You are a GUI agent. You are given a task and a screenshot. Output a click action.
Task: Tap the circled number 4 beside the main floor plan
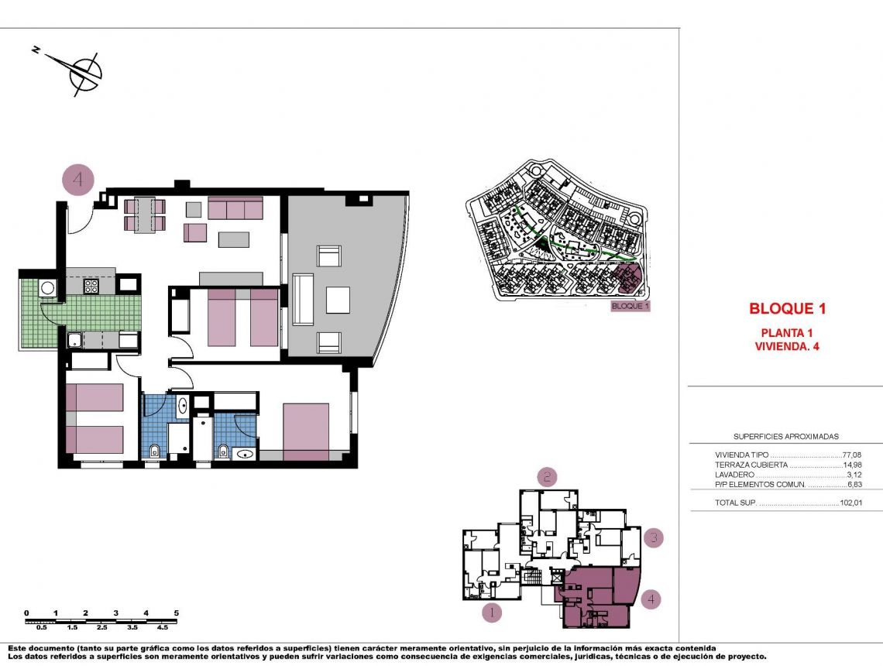77,180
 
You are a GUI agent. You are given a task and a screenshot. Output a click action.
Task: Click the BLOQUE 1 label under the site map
630,306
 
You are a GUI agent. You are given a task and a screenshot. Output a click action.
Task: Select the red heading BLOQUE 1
787,308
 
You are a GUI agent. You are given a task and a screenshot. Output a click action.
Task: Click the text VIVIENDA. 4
786,346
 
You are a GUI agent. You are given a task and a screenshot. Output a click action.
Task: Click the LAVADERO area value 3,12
853,475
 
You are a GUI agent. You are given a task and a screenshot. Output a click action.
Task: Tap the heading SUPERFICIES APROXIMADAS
785,437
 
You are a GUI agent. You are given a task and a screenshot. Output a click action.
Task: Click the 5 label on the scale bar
176,613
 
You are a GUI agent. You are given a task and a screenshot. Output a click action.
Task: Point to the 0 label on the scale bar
26,613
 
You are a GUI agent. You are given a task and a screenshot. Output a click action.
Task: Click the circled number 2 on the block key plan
548,477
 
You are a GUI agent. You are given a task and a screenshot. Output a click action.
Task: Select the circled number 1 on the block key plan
492,613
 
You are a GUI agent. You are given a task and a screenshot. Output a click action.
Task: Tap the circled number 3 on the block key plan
654,537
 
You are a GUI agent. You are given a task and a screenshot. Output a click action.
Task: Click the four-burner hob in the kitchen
91,286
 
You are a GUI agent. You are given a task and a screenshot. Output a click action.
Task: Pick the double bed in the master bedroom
306,431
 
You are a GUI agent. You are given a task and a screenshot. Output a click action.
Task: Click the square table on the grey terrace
338,300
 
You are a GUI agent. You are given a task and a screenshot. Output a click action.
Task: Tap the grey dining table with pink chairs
145,215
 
